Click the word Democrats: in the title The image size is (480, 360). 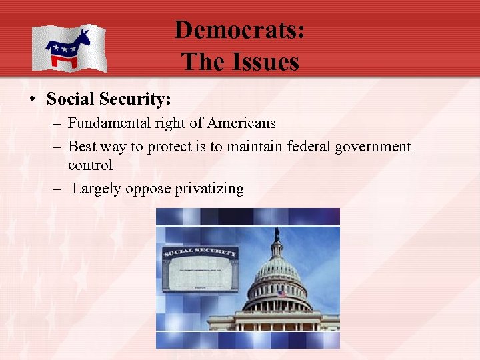coord(239,31)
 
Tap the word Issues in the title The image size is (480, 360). coord(263,62)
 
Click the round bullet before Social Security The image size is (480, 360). coord(31,100)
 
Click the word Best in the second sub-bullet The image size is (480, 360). coord(81,146)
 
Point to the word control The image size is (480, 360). coord(91,165)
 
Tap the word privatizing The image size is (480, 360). coord(209,189)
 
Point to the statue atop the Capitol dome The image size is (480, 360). coord(277,233)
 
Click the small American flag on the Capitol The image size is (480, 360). coord(282,294)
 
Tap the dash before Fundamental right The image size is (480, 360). coord(57,123)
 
